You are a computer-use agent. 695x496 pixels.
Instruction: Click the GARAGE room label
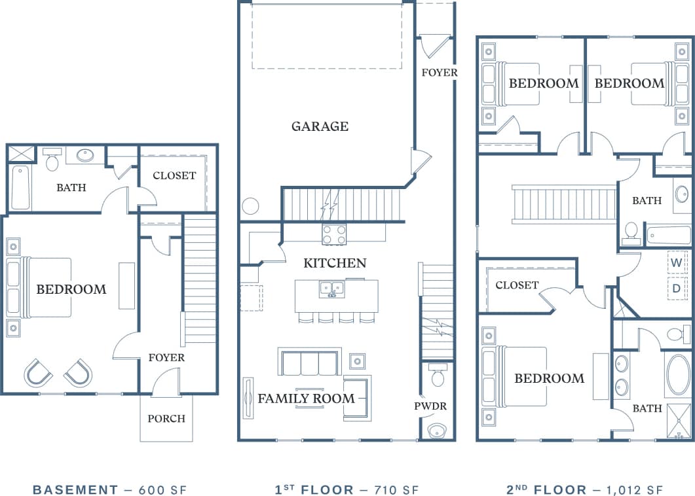pos(320,126)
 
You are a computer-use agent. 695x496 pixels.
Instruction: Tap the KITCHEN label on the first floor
pos(335,263)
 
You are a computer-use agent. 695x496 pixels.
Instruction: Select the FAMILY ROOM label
pos(306,399)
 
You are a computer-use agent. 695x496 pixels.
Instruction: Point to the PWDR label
pos(430,406)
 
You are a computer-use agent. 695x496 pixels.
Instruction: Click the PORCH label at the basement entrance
pos(166,419)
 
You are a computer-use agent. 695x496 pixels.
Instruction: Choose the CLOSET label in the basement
pos(174,175)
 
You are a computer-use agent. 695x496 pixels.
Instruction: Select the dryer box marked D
pos(677,288)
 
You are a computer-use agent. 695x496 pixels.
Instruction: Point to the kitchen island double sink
pos(332,289)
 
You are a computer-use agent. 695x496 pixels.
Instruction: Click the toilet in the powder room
pos(438,376)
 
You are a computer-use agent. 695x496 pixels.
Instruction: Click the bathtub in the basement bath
pos(20,188)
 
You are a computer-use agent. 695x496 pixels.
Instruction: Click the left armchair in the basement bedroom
pos(37,373)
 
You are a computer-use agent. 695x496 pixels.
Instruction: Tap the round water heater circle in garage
pos(250,206)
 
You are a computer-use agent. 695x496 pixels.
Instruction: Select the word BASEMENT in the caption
pos(75,490)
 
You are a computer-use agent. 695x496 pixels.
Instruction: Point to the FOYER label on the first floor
pos(440,73)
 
